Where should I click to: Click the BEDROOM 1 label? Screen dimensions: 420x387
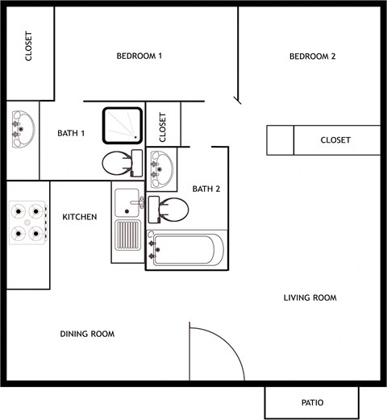pos(139,56)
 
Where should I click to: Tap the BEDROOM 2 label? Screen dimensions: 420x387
pos(312,56)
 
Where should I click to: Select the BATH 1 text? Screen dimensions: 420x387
pos(71,133)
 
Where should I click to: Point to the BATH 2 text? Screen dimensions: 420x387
pos(206,189)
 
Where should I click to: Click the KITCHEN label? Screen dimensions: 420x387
pos(80,217)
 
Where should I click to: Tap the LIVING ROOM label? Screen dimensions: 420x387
pos(310,298)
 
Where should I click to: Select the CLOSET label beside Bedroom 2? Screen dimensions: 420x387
pos(335,140)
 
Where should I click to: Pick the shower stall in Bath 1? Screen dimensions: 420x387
pos(123,127)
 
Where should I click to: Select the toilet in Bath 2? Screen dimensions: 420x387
pos(168,210)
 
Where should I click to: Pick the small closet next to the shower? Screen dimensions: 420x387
pos(163,125)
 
